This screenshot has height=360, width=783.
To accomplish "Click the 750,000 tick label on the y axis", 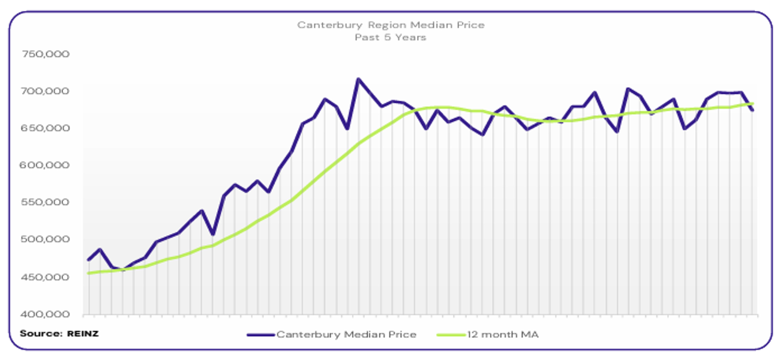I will [46, 54].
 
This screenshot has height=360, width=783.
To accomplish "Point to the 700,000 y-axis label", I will [46, 91].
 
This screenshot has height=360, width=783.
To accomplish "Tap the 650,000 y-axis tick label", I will [46, 128].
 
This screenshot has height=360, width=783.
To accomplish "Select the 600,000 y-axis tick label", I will [46, 165].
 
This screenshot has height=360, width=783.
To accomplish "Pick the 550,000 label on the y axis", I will [46, 202].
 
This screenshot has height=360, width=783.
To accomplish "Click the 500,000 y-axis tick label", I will [46, 239].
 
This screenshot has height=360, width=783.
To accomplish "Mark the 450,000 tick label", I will [46, 277].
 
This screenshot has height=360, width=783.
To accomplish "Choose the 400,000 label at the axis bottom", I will [46, 314].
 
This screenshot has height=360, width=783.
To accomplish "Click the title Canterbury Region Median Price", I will [391, 25].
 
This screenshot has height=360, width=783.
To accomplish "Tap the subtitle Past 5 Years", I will [391, 37].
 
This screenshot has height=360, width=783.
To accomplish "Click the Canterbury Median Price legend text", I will [346, 335].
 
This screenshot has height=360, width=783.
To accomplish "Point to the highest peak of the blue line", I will [358, 79].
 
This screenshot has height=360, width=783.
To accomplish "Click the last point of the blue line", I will [752, 110].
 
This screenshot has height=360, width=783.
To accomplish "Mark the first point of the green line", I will [89, 273].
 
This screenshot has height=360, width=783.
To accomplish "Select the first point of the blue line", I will [89, 260].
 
